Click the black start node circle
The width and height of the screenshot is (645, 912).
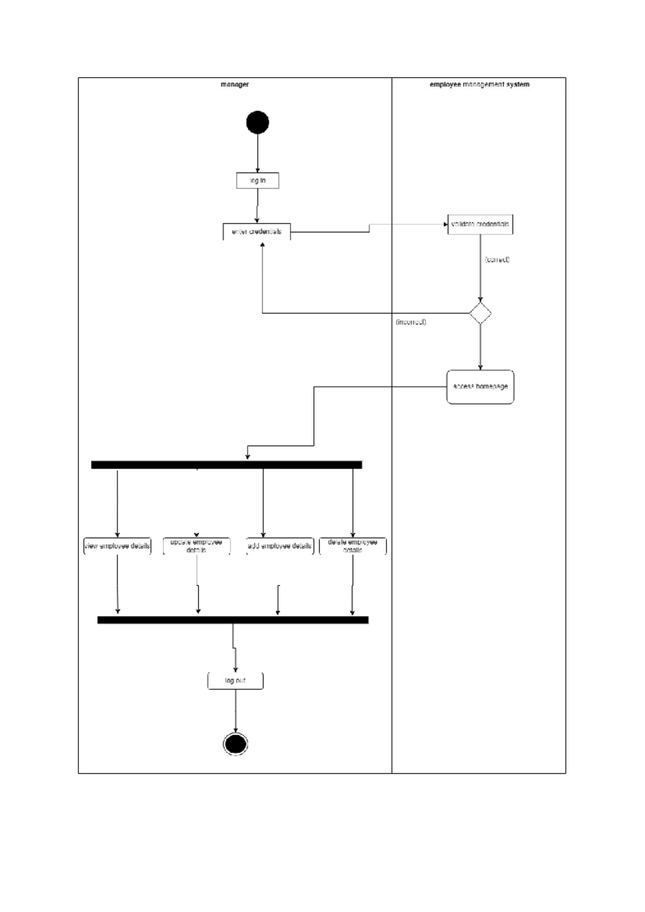tap(257, 123)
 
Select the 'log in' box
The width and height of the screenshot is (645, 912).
tap(257, 180)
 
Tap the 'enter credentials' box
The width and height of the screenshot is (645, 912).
tap(257, 232)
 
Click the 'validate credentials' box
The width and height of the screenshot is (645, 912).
tap(480, 224)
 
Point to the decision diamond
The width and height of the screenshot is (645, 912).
tap(480, 313)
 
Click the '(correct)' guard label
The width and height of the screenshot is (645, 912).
tap(497, 260)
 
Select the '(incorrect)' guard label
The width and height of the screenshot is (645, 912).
tap(411, 322)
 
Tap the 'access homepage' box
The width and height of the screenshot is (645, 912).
tap(480, 387)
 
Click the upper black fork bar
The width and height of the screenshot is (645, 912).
tap(226, 465)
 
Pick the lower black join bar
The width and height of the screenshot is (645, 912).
tap(233, 620)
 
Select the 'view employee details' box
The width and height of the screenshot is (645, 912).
tap(117, 546)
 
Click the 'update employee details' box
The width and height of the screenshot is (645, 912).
tap(196, 546)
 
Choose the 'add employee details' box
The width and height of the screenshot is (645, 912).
tap(279, 546)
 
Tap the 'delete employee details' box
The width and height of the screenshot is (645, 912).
tap(353, 546)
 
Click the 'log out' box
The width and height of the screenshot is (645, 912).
tap(235, 681)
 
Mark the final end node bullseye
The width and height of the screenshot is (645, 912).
tap(235, 744)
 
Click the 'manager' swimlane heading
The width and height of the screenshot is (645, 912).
tap(235, 84)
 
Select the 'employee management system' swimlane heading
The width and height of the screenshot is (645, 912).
tap(479, 84)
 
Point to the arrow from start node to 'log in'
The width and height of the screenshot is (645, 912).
tap(257, 153)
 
